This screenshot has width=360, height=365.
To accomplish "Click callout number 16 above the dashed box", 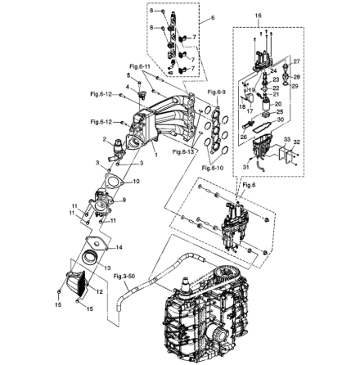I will click(259, 16).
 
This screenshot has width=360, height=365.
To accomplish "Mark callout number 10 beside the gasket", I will click(136, 180).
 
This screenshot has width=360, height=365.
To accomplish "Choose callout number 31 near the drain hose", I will click(246, 165).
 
